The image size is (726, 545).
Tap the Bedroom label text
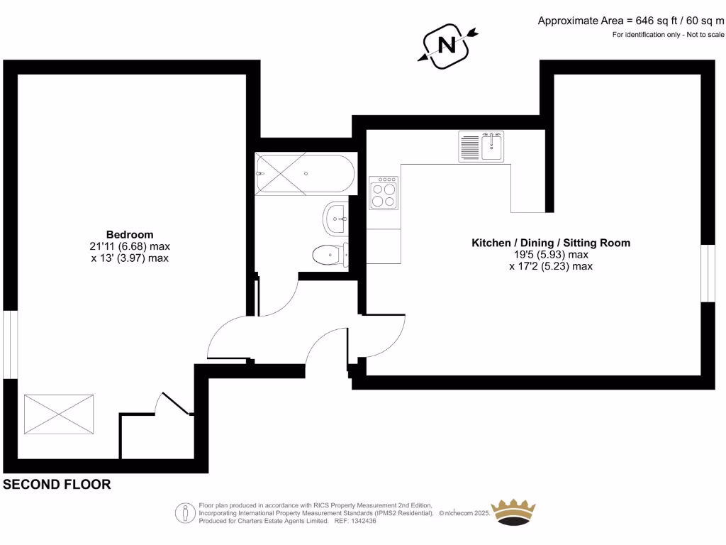[x=130, y=235]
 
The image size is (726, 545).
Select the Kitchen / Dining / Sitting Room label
[x=551, y=243]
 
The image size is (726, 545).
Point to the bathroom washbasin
[x=335, y=219]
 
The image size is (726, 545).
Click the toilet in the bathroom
[x=330, y=254]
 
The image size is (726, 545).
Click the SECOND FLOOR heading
[x=57, y=485]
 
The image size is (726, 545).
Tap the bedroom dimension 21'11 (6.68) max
[x=130, y=247]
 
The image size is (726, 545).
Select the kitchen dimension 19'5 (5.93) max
[x=551, y=255]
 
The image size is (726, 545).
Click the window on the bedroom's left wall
[x=10, y=345]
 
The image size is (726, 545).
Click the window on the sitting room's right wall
[x=708, y=273]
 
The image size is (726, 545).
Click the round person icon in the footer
[x=185, y=512]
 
